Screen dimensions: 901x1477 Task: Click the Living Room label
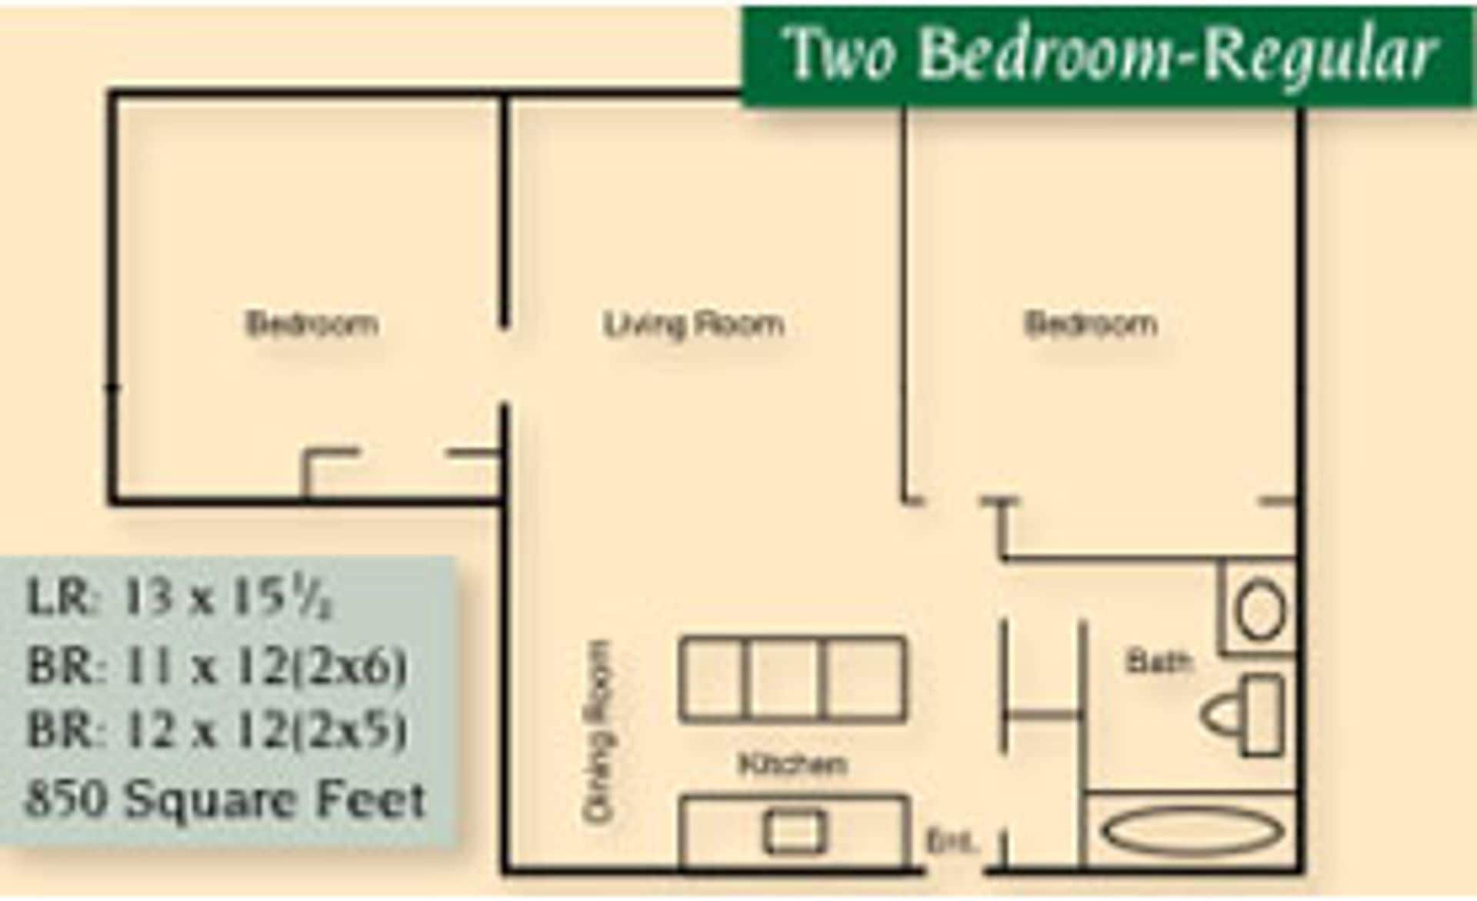[x=693, y=324]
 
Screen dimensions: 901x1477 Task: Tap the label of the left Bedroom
[x=312, y=324]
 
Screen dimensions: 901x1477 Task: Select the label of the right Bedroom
[x=1090, y=324]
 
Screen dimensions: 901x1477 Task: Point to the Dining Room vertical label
[x=599, y=732]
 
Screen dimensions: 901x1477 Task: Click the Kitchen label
[x=792, y=764]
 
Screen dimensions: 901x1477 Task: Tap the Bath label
[x=1159, y=661]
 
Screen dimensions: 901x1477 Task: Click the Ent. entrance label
[x=952, y=841]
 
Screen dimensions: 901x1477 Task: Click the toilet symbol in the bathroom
[x=1242, y=715]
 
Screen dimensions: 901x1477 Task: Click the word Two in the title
[x=840, y=54]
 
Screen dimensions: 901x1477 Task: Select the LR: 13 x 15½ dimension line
[x=179, y=598]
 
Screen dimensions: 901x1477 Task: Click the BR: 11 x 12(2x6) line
[x=216, y=666]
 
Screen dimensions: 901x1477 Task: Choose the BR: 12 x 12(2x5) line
[x=216, y=729]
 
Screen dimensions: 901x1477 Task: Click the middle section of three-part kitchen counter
[x=785, y=679]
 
